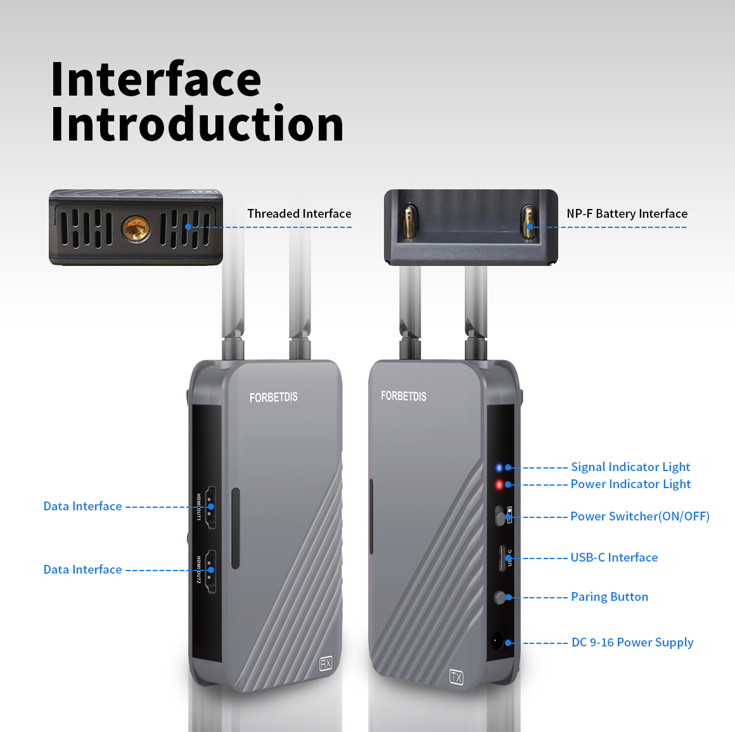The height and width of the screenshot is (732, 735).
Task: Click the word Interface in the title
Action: point(156,79)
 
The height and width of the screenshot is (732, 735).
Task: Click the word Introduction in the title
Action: point(197,124)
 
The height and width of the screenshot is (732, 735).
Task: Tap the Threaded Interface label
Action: point(299,213)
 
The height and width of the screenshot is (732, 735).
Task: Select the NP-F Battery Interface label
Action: point(627,213)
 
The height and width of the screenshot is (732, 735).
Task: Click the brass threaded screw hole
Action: point(136,227)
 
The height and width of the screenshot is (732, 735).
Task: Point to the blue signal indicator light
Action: point(499,467)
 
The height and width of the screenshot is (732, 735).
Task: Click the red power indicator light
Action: point(499,484)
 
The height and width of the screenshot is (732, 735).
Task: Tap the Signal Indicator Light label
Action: point(630,467)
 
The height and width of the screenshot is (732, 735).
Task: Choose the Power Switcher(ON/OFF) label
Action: point(639,516)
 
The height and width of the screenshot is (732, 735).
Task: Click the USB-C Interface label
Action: point(614,557)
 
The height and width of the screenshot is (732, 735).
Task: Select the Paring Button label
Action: point(609,596)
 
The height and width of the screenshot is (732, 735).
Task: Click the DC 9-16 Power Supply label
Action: point(632,642)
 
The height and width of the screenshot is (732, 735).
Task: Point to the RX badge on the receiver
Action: point(326,663)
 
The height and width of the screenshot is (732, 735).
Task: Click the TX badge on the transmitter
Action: point(456,676)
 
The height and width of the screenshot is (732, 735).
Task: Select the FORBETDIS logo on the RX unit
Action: point(273,397)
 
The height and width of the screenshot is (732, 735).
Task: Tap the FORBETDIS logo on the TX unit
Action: point(403,396)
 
